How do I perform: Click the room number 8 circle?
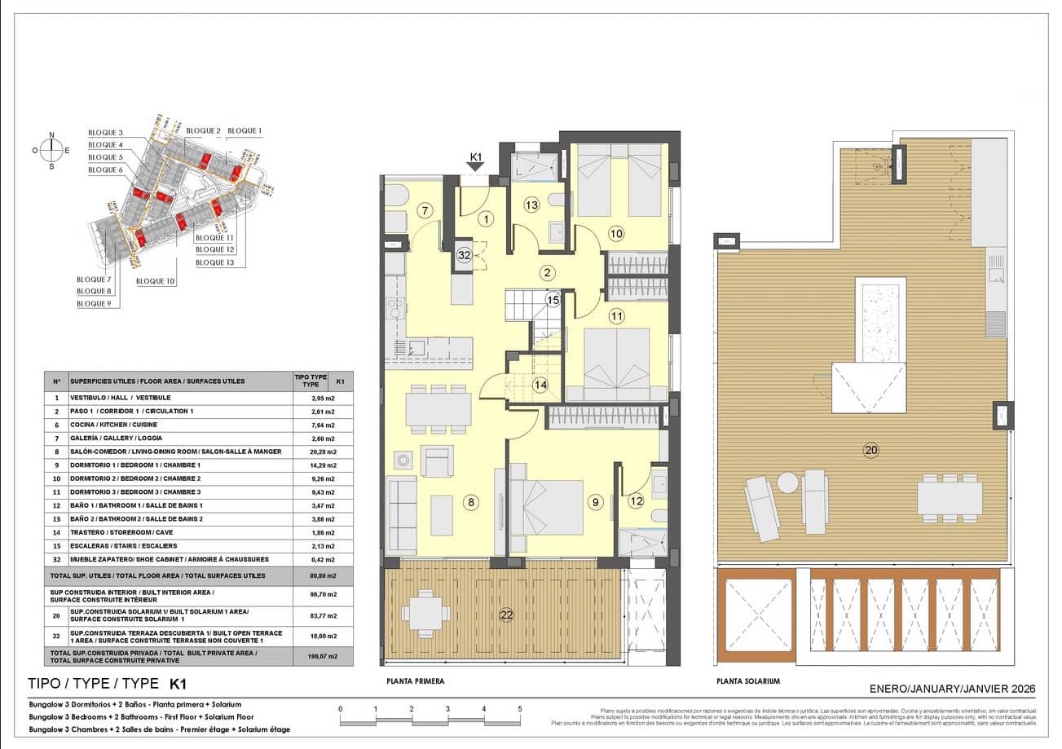tap(470, 503)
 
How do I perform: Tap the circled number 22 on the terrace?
tap(507, 615)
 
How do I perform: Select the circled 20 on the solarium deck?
tap(870, 449)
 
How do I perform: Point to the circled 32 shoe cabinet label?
tap(464, 255)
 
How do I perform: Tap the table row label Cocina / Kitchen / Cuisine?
tap(114, 425)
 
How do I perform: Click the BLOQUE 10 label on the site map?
tap(155, 281)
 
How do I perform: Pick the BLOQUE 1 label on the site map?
tap(245, 130)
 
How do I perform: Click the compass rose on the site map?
tap(51, 150)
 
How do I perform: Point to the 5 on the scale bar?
tap(519, 709)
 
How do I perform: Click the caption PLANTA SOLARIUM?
tap(748, 681)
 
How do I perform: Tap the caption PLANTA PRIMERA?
tap(416, 681)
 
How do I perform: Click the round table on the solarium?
tap(787, 482)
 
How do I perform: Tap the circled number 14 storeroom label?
tap(540, 385)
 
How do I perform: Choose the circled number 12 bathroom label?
tap(637, 503)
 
